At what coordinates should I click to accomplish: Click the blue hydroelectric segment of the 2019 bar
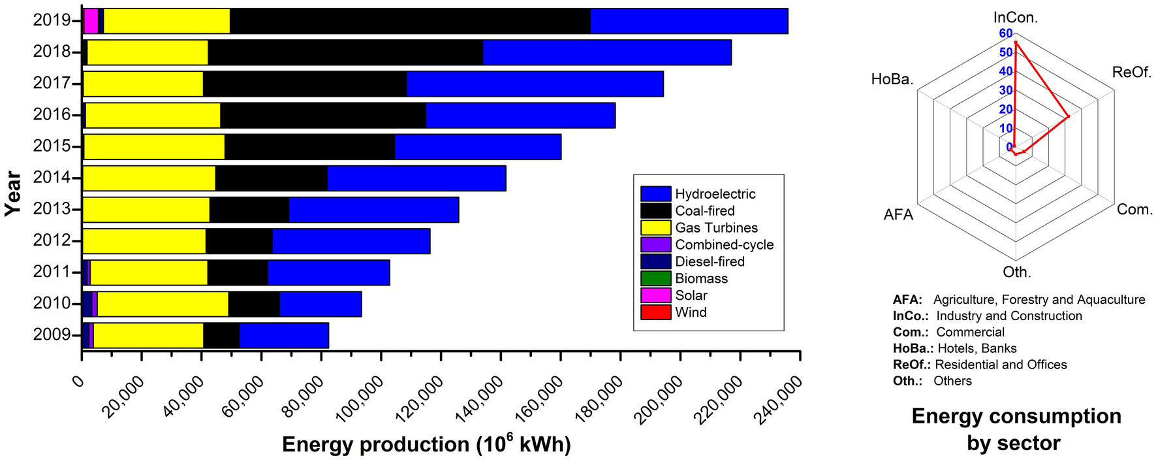pos(689,21)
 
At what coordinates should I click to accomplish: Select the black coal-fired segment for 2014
pos(271,178)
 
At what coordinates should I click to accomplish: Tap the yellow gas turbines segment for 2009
pos(148,335)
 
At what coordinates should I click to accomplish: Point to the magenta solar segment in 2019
pos(91,21)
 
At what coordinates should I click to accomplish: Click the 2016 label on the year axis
pos(52,115)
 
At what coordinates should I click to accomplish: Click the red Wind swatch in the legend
pos(655,312)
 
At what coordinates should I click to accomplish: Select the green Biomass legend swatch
pos(655,278)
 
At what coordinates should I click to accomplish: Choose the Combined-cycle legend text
pos(724,244)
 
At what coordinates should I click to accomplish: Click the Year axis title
pos(13,193)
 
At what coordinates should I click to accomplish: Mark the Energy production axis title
pos(426,444)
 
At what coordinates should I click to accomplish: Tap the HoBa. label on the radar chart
pos(892,80)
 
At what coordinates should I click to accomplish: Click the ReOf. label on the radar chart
pos(1131,73)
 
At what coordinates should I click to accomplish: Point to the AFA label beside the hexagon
pos(898,214)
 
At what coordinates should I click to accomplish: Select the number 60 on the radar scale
pos(1005,33)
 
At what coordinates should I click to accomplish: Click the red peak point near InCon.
pos(1016,42)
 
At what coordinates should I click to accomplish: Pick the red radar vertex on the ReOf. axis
pos(1068,117)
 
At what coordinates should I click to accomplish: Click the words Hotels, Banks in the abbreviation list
pos(976,348)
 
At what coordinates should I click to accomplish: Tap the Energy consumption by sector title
pos(1016,429)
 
